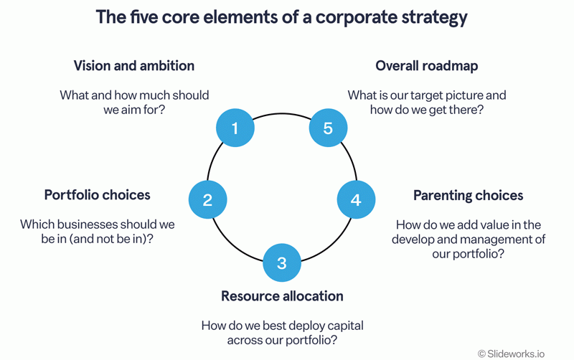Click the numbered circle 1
point(235,128)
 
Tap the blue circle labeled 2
point(207,200)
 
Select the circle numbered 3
point(282,262)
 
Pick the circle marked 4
point(356,200)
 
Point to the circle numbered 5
point(328,128)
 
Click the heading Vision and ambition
point(134,66)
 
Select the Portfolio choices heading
point(98,195)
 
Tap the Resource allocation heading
point(282,296)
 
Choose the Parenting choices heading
point(468,195)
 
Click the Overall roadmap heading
point(427,66)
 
